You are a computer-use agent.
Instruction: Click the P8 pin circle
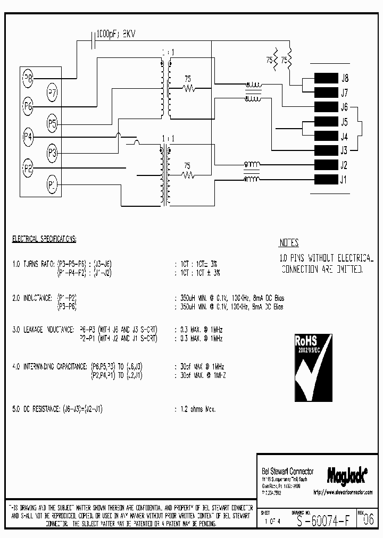click(x=29, y=79)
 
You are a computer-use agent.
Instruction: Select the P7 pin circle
click(x=53, y=91)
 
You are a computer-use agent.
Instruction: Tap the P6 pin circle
click(x=29, y=106)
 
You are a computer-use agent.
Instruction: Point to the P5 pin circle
click(x=52, y=124)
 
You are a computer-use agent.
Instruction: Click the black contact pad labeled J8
click(x=326, y=78)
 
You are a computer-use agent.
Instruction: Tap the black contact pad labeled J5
click(x=326, y=121)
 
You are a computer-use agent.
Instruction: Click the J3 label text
click(x=344, y=150)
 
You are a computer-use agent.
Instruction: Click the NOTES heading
click(x=289, y=243)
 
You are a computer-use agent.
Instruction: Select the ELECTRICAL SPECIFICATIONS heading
click(x=44, y=239)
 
